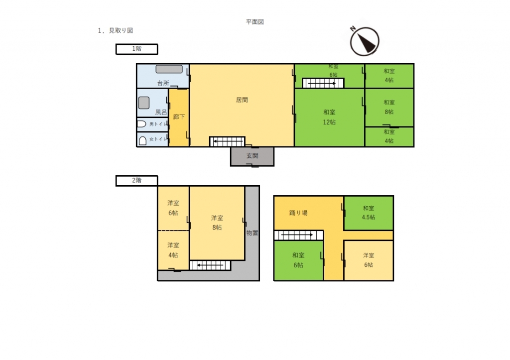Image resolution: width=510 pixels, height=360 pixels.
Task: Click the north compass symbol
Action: tap(365, 41)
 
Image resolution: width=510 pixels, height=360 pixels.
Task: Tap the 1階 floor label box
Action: tap(136, 49)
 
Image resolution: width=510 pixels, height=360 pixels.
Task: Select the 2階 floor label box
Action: tap(136, 180)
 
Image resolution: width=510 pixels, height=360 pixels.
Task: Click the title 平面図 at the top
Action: tap(255, 22)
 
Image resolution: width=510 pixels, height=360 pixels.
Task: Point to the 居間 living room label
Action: tap(242, 100)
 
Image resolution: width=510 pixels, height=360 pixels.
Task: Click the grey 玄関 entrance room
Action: tap(252, 156)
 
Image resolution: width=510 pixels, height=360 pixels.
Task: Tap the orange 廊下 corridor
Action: tap(179, 118)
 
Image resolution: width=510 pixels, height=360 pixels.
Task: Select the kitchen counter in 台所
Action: tap(169, 69)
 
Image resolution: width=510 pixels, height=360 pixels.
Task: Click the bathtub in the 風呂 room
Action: tap(144, 103)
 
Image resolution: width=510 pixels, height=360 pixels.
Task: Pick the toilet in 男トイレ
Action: tap(141, 124)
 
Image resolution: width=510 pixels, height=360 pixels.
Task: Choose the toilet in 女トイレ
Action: tap(142, 140)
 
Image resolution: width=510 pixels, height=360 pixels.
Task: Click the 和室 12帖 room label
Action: tap(329, 117)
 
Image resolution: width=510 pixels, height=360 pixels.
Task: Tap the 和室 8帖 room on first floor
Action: tap(389, 107)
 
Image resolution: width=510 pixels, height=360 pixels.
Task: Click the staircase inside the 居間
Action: tap(227, 142)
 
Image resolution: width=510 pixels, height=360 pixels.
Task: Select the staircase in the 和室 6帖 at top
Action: tap(323, 83)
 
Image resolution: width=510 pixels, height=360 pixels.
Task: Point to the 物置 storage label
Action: tap(252, 233)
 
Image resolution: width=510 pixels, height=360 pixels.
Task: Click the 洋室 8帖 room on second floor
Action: tap(217, 223)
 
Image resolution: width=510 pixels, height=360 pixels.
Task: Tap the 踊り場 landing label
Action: tap(298, 213)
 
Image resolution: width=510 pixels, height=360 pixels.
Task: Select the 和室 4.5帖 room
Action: tap(369, 213)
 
